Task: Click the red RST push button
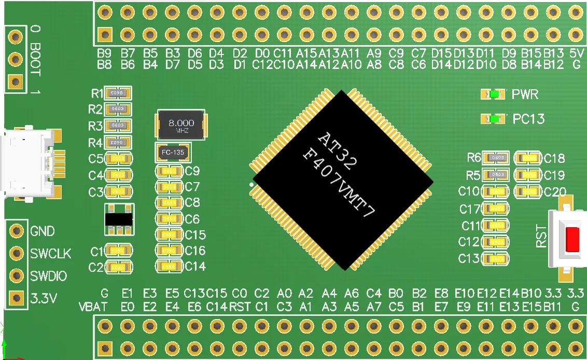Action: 572,240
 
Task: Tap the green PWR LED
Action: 494,94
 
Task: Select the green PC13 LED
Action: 494,119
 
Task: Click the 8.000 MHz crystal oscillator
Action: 181,124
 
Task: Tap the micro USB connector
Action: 29,164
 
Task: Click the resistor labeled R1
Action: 118,93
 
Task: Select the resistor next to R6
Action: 496,158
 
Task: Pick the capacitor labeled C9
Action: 170,171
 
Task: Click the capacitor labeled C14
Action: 170,266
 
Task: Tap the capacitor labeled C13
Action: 496,258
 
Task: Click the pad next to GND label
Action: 17,230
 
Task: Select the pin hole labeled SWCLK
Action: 17,253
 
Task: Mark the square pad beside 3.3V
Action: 17,298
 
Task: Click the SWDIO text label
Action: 49,276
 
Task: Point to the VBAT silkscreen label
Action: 93,307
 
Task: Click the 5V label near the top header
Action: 576,53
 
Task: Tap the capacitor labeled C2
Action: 118,268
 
